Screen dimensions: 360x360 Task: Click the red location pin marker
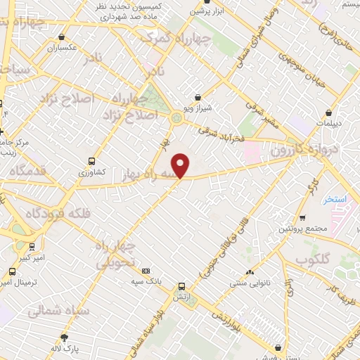(181, 166)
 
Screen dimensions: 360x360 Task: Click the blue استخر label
(336, 200)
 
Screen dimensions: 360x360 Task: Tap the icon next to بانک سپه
(146, 271)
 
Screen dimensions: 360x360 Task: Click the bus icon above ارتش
(182, 286)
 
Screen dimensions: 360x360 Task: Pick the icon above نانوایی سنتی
(250, 272)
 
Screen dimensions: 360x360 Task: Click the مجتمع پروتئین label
(303, 229)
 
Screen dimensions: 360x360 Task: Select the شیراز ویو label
(198, 108)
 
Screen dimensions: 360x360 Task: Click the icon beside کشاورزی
(92, 160)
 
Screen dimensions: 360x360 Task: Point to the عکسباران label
(62, 49)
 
